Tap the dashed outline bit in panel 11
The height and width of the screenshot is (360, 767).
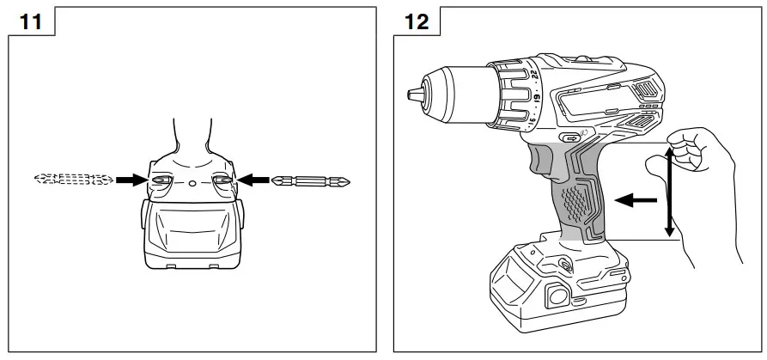(73, 180)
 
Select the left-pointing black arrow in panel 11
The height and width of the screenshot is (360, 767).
(254, 180)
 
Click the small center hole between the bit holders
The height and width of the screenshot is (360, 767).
(192, 183)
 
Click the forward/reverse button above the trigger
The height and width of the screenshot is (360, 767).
(570, 137)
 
